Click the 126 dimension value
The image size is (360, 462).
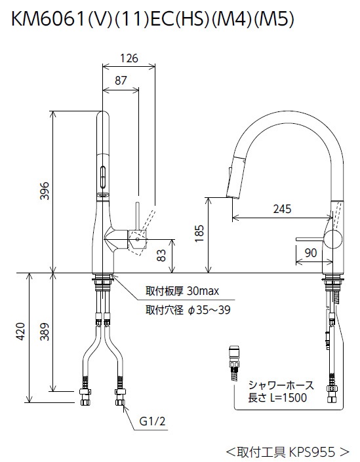129,58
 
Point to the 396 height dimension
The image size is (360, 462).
45,191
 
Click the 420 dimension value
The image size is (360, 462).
21,332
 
